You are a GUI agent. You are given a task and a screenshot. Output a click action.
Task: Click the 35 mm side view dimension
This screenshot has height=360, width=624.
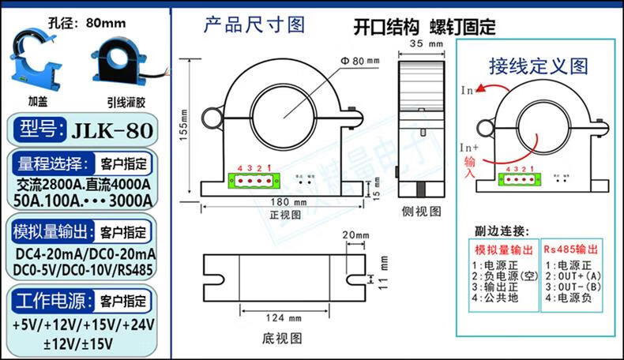coord(420,45)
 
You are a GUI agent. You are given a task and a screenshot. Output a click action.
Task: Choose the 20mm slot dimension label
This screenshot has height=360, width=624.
coord(355,235)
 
